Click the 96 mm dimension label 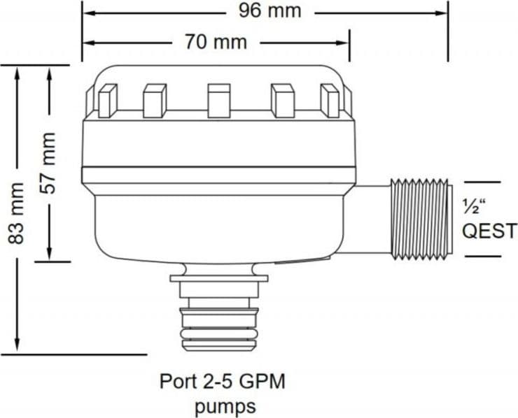coord(270,11)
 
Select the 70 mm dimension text coord(216,42)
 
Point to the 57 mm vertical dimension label coord(48,163)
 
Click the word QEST coord(489,231)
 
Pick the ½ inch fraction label coord(475,206)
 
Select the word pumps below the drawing coord(225,406)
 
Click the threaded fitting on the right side coord(420,219)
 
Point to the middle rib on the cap coord(218,101)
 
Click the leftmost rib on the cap coord(108,101)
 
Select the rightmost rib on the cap coord(330,101)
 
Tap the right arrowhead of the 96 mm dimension coord(442,13)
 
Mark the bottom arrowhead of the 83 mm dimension coord(17,345)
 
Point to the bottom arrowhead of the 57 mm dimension coord(50,253)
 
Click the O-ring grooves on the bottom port coord(218,333)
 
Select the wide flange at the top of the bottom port coord(218,278)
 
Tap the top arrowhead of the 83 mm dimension coord(17,74)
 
